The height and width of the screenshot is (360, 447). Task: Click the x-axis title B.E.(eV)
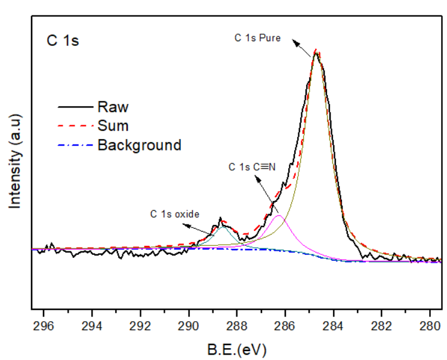[238, 349]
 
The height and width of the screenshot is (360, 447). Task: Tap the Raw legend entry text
[113, 107]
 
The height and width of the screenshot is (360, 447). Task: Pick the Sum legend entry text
[113, 126]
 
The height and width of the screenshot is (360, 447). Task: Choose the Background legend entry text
[139, 144]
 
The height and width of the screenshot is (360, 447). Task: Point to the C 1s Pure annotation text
[257, 37]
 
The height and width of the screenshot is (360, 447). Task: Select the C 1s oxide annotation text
[174, 213]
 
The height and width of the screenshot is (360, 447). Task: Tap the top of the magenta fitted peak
[278, 216]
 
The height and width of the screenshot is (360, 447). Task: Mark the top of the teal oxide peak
[223, 227]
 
